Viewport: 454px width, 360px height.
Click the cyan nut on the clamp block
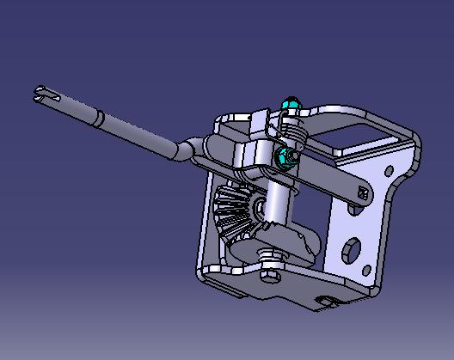(x=285, y=156)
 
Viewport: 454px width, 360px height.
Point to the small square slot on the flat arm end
(x=359, y=195)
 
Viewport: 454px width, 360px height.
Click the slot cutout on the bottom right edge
(x=327, y=300)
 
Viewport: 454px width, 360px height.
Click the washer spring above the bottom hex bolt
(x=272, y=257)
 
